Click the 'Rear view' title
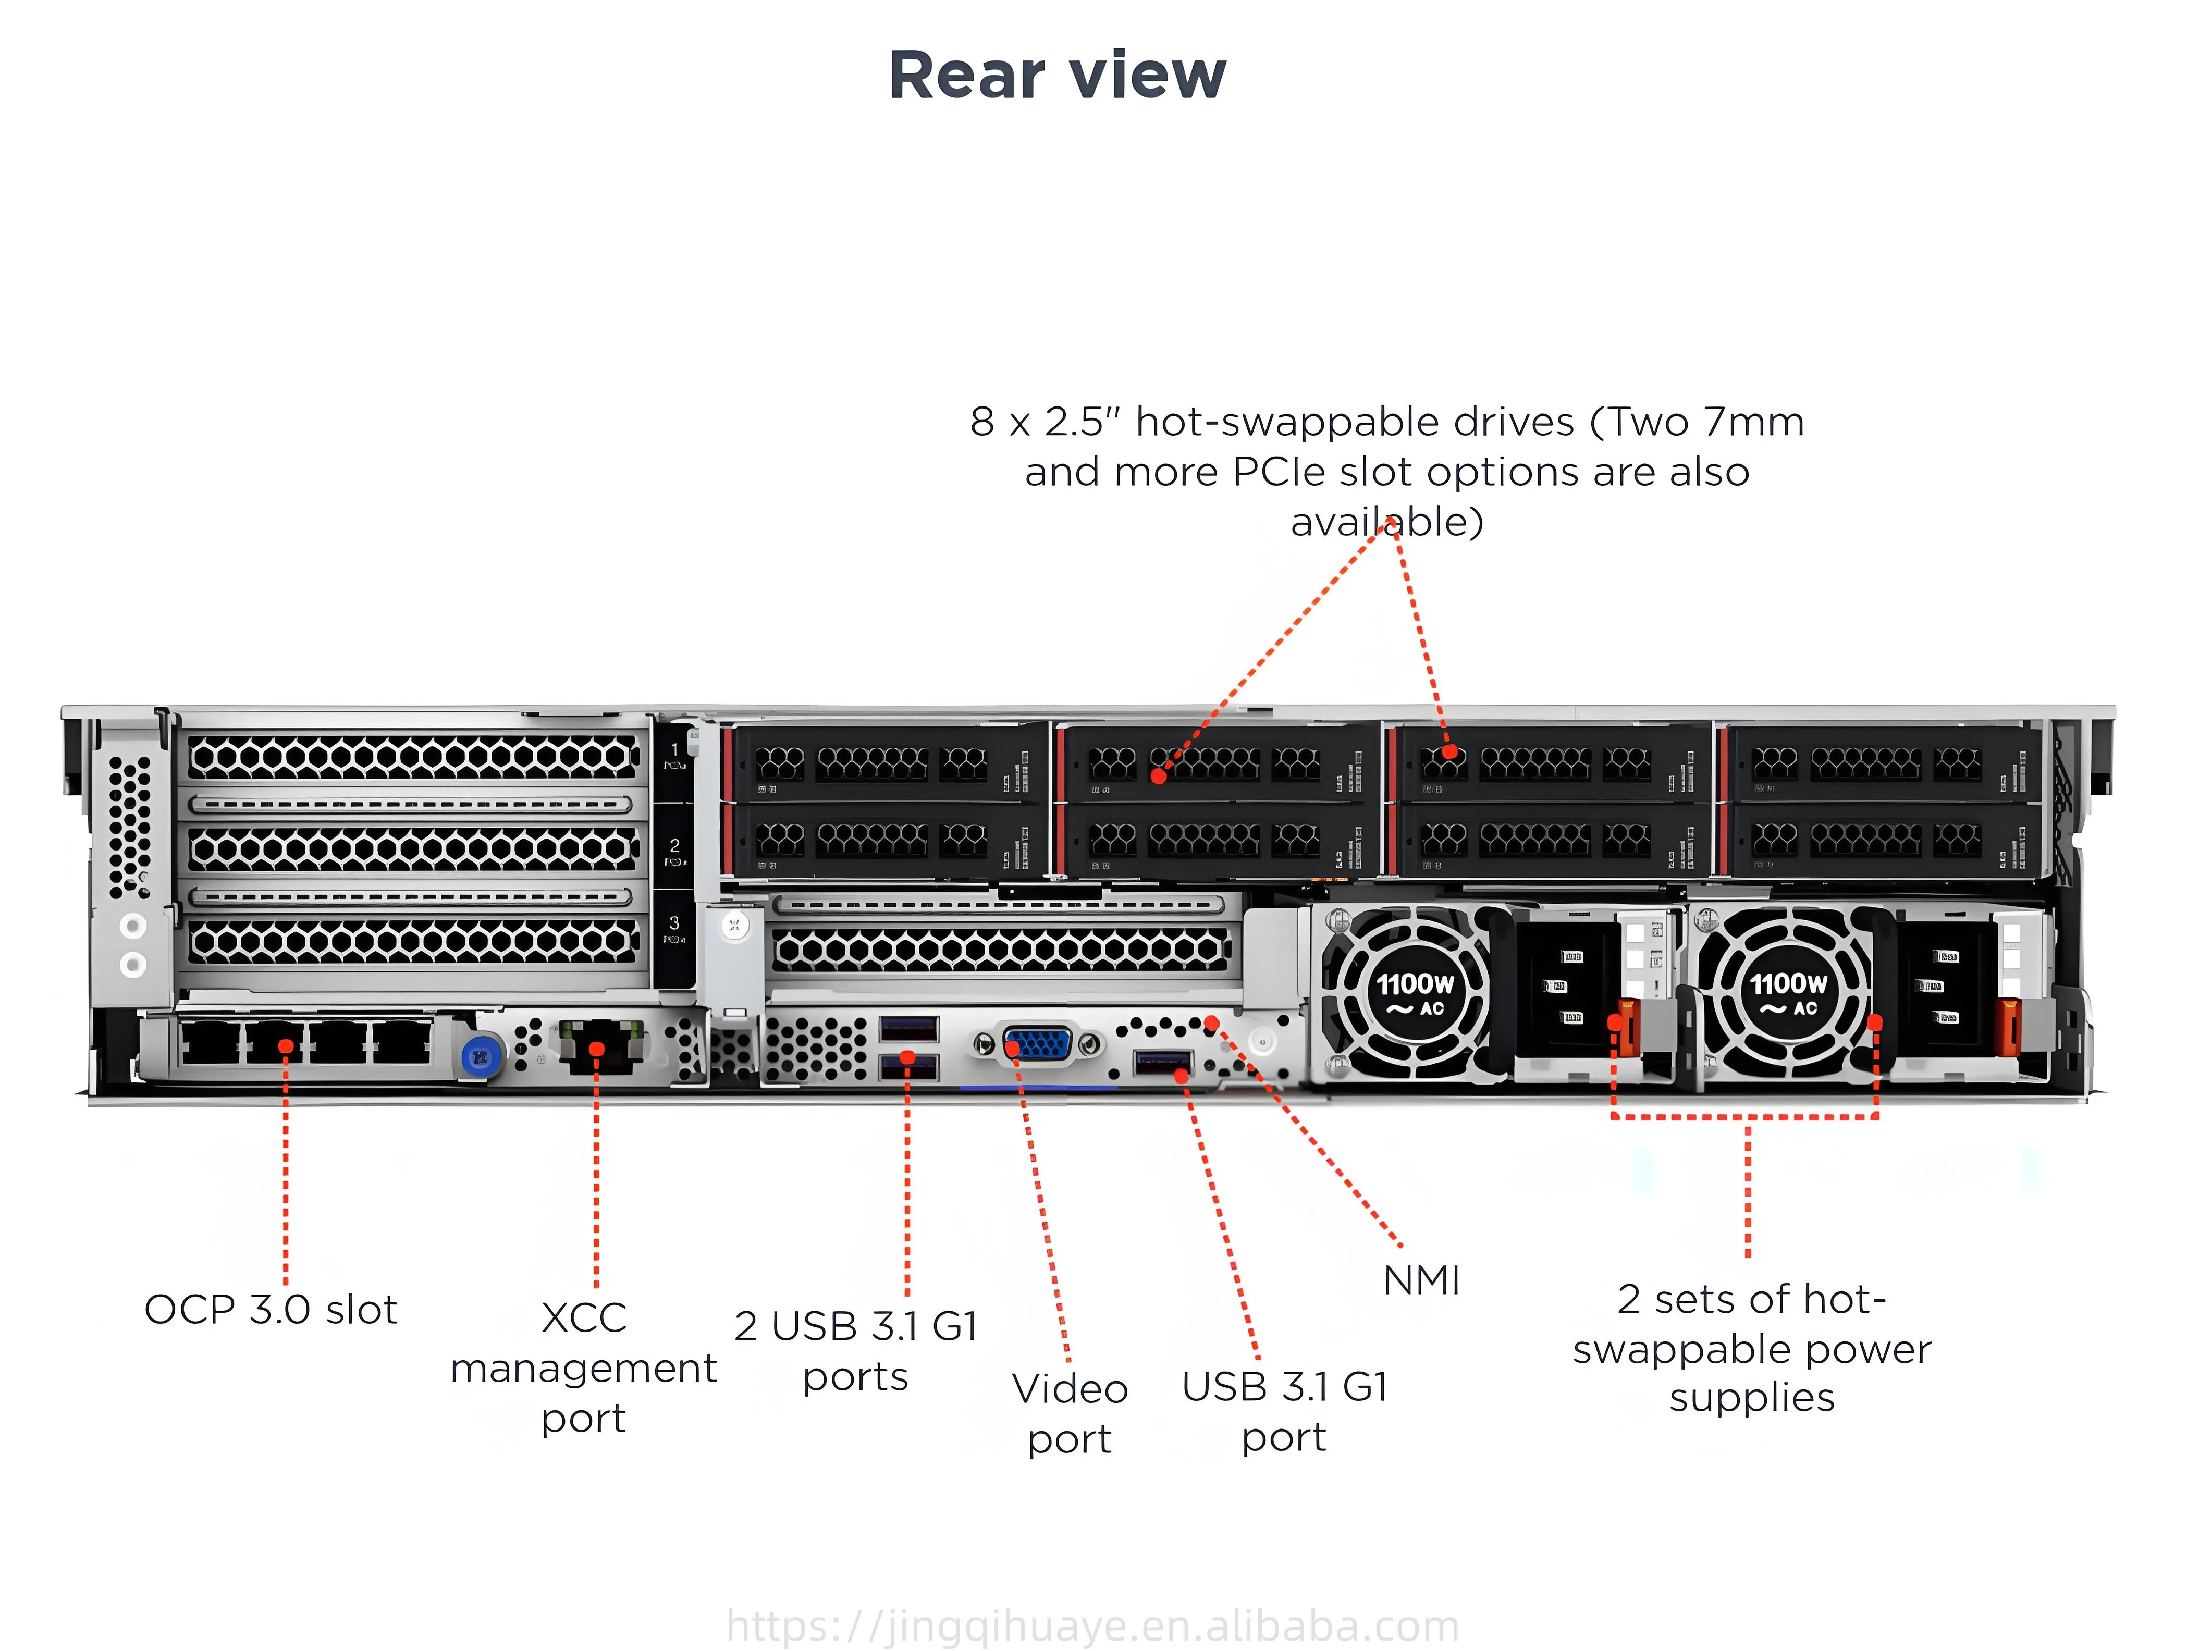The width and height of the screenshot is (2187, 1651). (x=1057, y=75)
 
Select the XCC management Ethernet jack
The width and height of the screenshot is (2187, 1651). (x=597, y=1046)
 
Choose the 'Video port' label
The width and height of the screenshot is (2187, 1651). (x=1069, y=1414)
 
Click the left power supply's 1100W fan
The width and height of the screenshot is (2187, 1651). (x=1414, y=993)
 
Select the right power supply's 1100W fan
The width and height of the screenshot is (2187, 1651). (x=1788, y=993)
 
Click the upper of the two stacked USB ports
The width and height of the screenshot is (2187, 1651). (x=907, y=1028)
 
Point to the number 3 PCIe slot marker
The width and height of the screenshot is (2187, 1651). (x=674, y=922)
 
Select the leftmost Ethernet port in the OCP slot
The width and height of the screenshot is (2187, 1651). (x=212, y=1042)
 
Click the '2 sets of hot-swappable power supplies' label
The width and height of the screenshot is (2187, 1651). (x=1751, y=1349)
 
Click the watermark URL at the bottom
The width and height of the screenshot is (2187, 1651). (x=1092, y=1627)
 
